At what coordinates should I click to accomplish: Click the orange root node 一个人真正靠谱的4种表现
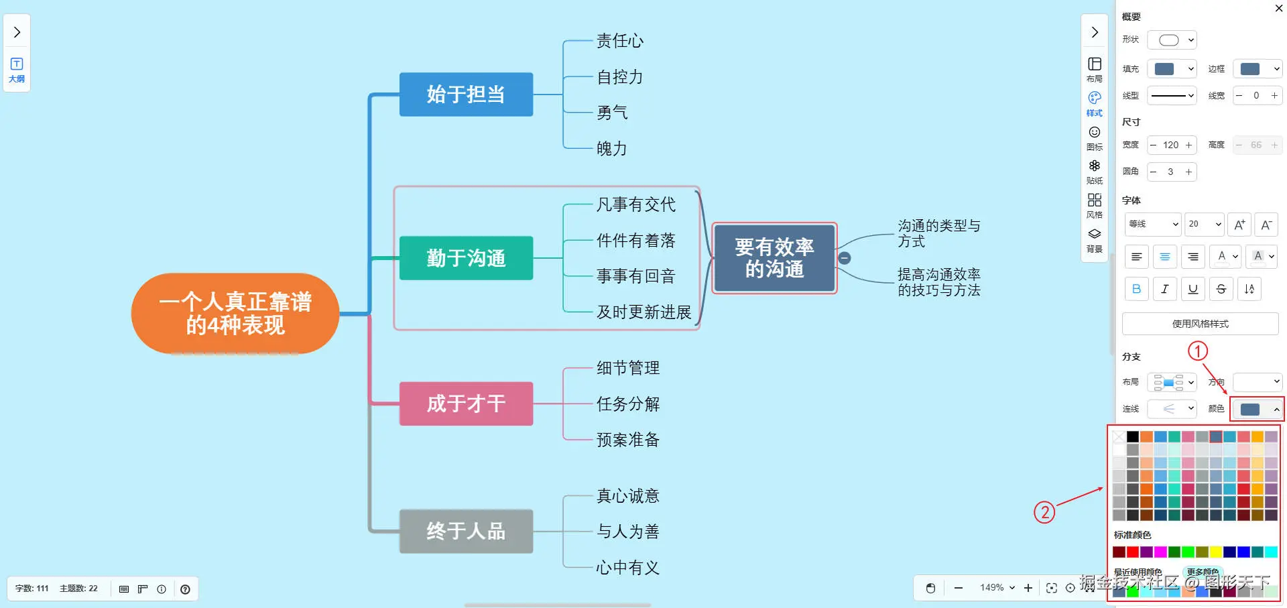click(235, 313)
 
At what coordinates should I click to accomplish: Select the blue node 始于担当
click(466, 95)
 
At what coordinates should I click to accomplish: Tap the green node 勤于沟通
click(466, 258)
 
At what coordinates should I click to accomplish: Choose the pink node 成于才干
click(466, 404)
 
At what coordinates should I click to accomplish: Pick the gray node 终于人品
click(466, 531)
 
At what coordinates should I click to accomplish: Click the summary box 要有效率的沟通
click(774, 258)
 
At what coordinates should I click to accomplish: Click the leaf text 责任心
click(620, 42)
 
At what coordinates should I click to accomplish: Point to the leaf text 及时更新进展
click(643, 312)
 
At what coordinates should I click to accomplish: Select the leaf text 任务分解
click(628, 404)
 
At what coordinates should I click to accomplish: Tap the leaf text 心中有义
click(628, 568)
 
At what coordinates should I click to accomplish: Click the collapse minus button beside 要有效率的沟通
click(845, 258)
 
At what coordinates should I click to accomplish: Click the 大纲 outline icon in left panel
click(17, 69)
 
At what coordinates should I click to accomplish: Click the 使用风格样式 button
click(1200, 324)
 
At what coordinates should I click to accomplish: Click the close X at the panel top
click(1278, 9)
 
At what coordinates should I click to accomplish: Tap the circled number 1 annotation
click(1198, 351)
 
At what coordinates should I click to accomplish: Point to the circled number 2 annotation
click(1044, 513)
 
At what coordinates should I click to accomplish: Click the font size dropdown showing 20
click(1205, 224)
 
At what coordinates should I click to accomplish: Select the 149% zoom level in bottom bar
click(997, 588)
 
